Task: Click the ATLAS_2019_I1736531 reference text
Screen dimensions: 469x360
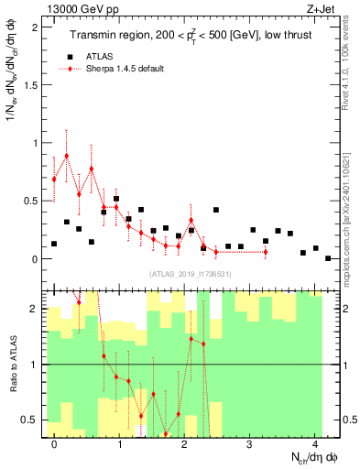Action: pos(191,273)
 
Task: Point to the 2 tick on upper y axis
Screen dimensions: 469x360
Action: pos(38,27)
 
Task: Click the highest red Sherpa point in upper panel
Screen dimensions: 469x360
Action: pos(67,156)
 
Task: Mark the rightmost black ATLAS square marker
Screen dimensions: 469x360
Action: pos(328,258)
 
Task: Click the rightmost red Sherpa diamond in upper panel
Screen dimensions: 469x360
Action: pos(266,252)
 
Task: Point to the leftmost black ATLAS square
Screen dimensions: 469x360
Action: pos(54,244)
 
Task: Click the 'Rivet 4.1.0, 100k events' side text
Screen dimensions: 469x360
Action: pos(352,64)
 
